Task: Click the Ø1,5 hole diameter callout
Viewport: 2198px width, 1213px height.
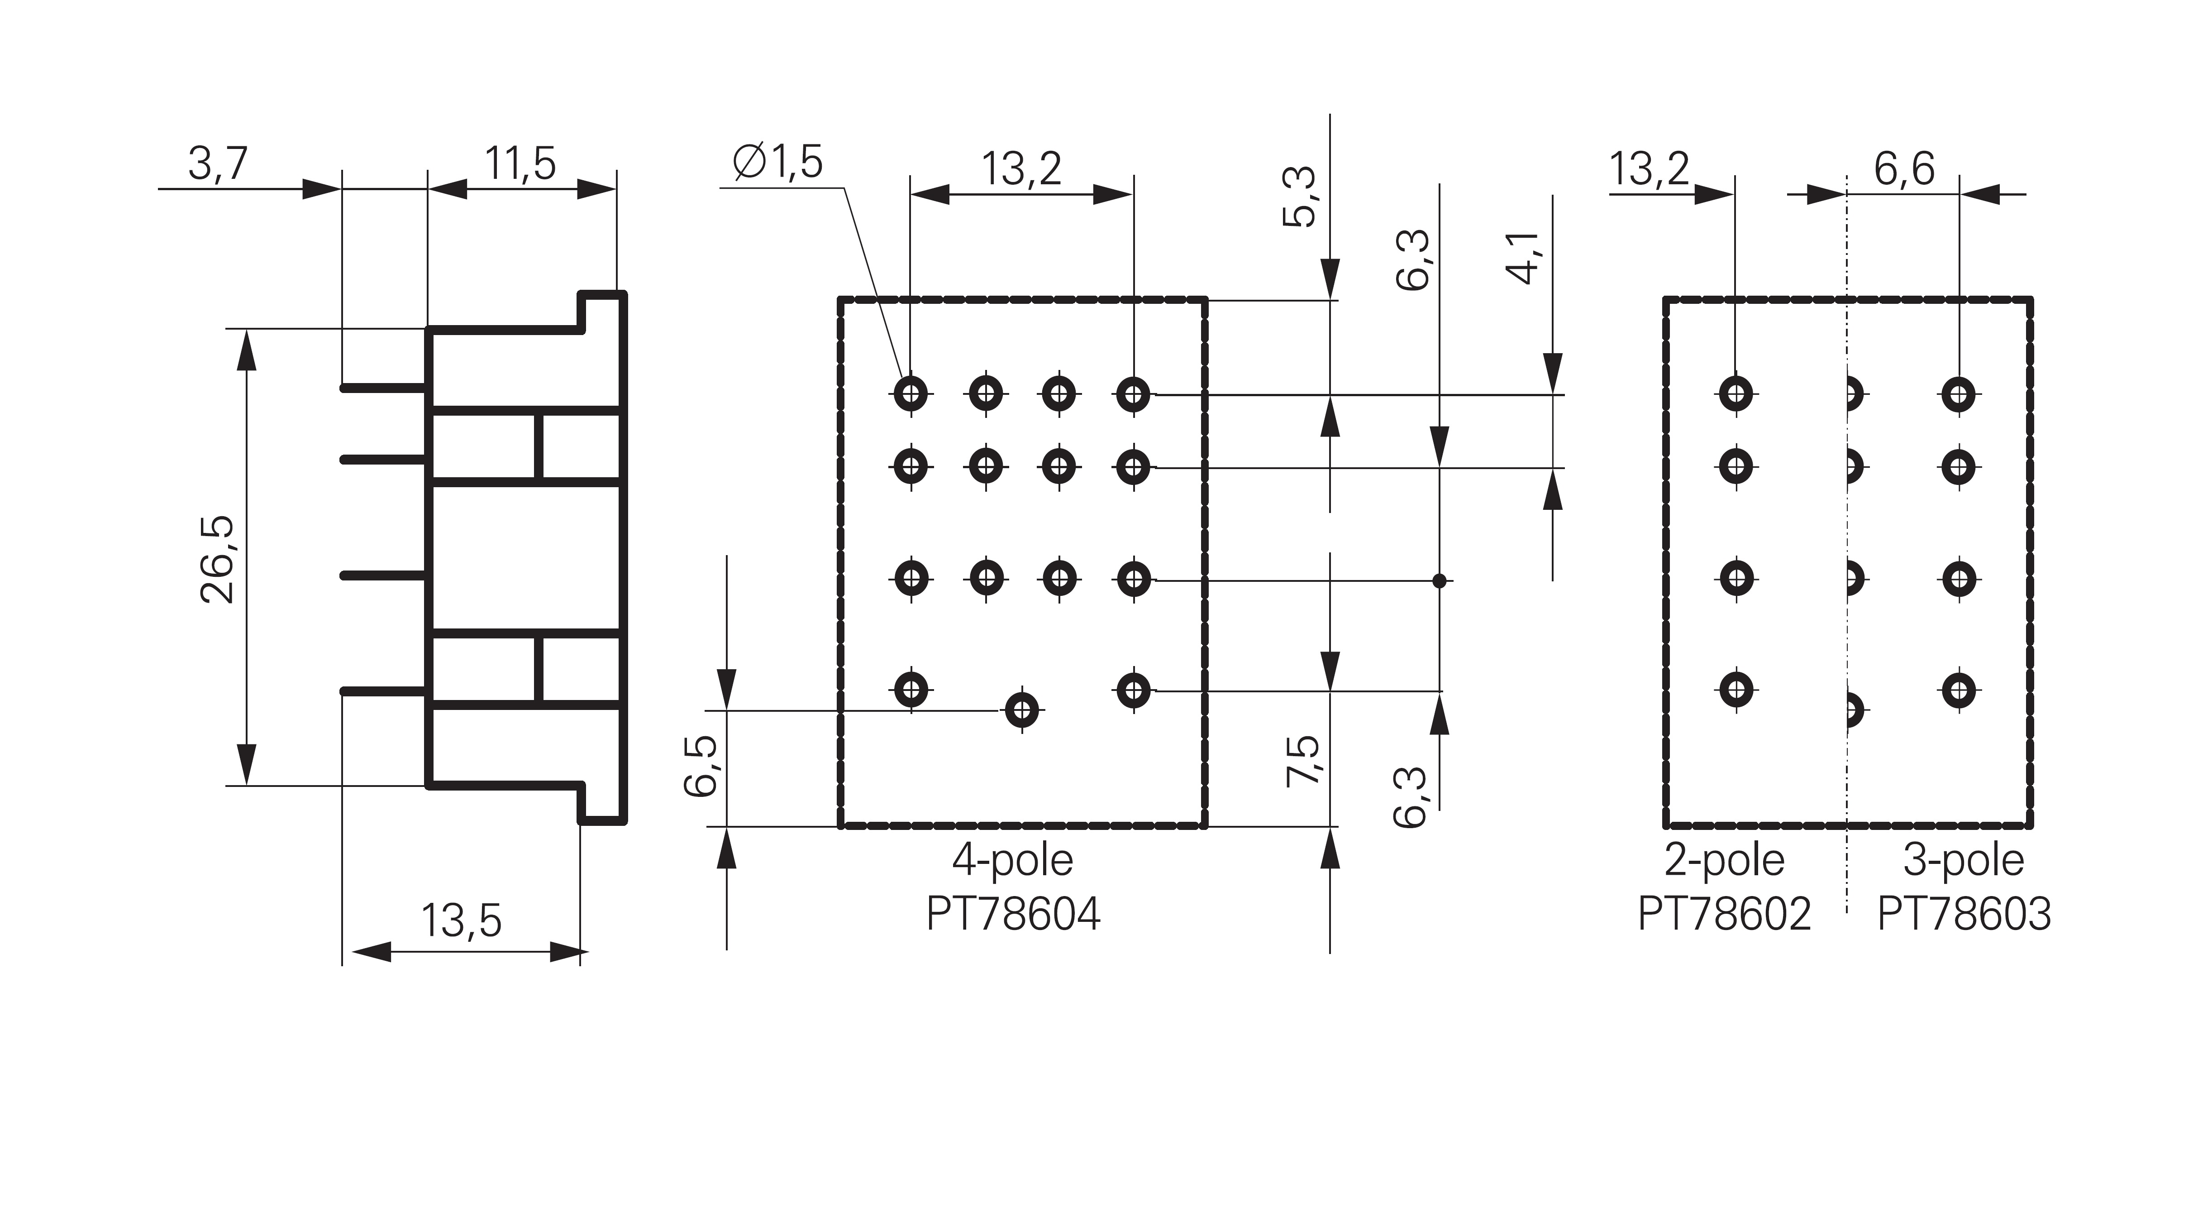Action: [x=777, y=162]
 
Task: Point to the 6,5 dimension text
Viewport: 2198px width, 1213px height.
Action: [x=701, y=766]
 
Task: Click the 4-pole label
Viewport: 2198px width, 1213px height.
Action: [x=1013, y=860]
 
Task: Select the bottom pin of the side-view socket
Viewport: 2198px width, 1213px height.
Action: [x=384, y=690]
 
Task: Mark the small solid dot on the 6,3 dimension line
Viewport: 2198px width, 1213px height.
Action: [x=1440, y=580]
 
